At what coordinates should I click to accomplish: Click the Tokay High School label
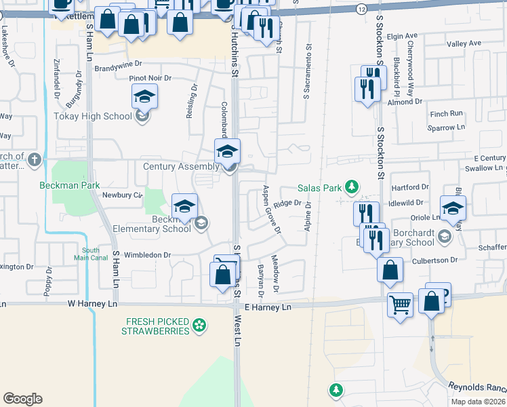pos(93,116)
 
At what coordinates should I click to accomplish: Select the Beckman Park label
pos(68,185)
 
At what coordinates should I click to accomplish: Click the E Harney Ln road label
pos(267,307)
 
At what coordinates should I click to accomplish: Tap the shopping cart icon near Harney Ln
pos(400,305)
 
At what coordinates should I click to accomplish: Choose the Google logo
pos(22,399)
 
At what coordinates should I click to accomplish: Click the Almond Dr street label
pos(405,101)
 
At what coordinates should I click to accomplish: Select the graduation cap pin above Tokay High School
pos(145,98)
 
